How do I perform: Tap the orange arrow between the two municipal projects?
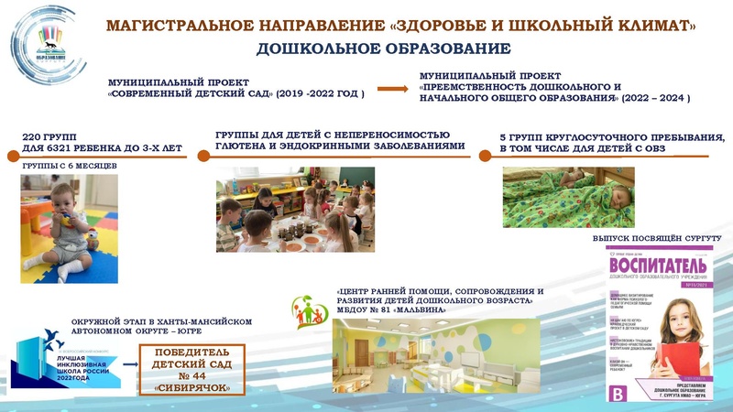393,89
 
